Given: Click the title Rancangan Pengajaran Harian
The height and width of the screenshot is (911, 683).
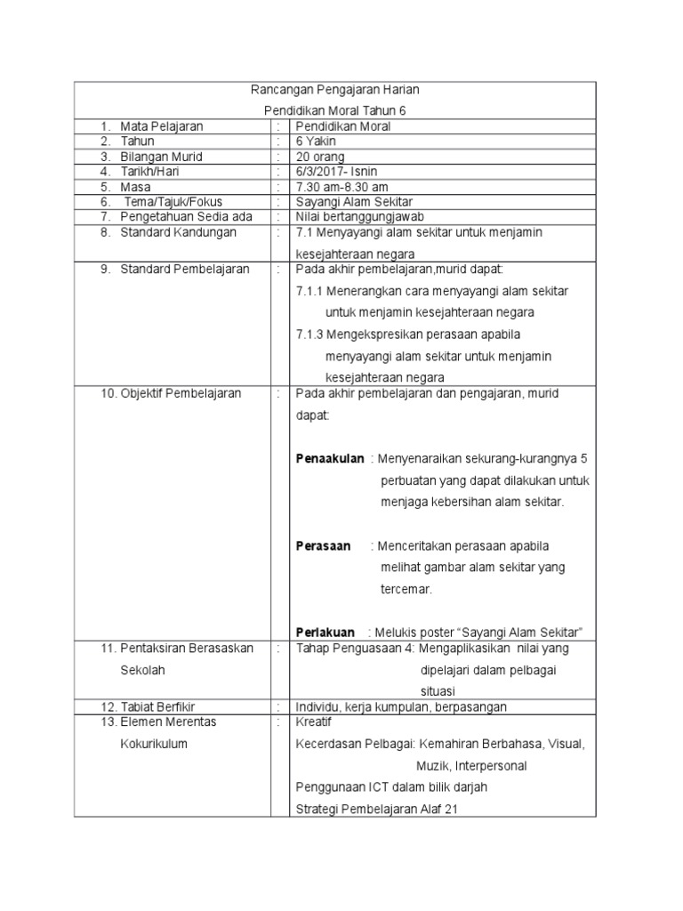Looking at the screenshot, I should [x=334, y=90].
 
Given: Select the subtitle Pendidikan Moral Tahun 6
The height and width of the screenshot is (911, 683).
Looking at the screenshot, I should [x=334, y=110].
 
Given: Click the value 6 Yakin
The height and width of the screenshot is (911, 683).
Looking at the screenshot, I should [x=317, y=141].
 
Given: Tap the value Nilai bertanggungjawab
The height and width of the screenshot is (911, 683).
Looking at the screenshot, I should [x=359, y=217].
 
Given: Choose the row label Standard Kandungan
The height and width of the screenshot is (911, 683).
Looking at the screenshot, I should [x=179, y=232].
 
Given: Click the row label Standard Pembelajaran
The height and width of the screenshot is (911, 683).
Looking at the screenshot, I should [x=185, y=269].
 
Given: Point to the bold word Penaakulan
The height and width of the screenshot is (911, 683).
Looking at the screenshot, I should [x=330, y=459].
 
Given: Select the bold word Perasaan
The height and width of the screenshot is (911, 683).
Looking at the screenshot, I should [x=323, y=545].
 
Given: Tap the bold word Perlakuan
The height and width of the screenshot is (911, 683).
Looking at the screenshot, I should [x=325, y=632].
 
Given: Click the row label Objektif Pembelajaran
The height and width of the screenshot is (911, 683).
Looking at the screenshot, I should [x=181, y=393].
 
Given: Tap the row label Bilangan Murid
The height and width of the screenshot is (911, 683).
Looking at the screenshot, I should [x=161, y=157].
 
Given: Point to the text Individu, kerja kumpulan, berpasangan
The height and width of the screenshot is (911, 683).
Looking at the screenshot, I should [x=401, y=706].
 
